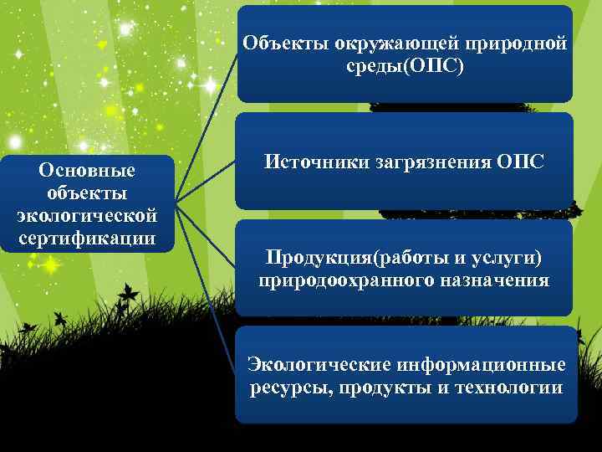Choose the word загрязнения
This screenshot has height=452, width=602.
click(x=425, y=161)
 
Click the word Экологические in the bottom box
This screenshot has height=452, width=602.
click(x=310, y=365)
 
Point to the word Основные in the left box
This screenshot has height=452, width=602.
click(x=86, y=171)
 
